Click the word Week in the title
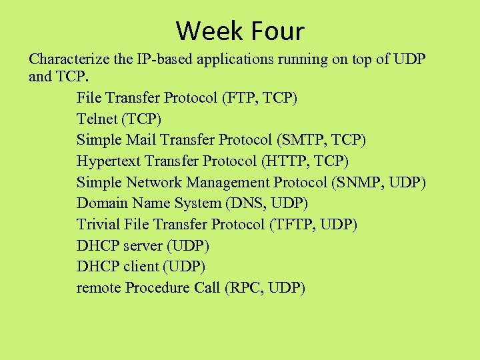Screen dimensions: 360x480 pos(210,31)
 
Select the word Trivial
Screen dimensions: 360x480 pos(97,225)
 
